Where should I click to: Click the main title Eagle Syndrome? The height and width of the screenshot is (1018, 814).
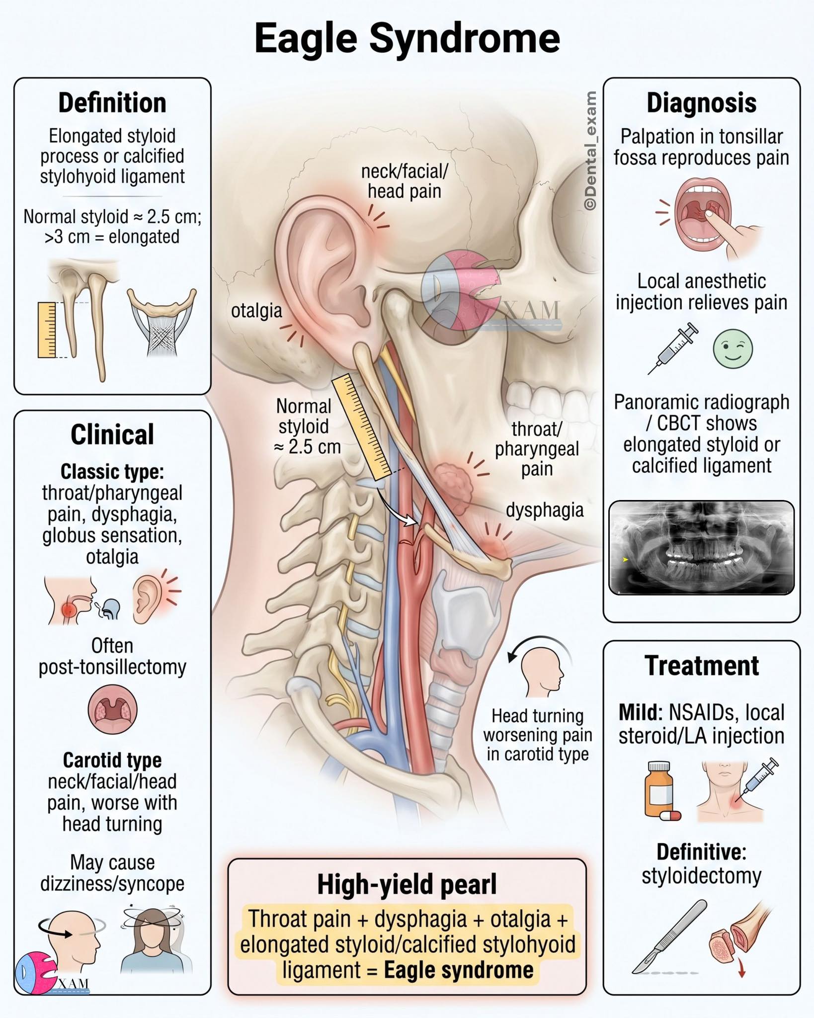coord(407,39)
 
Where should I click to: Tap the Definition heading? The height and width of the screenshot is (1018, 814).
coord(112,103)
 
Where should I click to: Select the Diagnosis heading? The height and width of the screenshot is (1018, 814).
coord(701,103)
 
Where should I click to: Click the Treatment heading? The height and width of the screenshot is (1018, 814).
coord(702,666)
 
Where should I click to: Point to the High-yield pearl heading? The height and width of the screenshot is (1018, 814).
coord(407,885)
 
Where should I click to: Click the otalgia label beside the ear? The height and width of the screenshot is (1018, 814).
coord(256,311)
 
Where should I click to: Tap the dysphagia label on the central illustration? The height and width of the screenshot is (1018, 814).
coord(545,510)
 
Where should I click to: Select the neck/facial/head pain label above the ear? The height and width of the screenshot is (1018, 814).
coord(405,181)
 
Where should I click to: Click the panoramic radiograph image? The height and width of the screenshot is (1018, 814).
coord(702,548)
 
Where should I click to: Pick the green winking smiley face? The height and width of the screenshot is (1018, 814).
coord(733,348)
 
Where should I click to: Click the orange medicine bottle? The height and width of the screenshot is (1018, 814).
coord(659,790)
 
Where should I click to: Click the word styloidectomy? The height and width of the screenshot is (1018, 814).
coord(701,875)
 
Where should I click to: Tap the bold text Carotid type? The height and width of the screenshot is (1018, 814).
coord(112,760)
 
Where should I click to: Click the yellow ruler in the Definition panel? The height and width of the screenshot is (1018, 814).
coord(47,330)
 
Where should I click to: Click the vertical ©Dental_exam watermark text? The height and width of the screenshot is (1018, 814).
coord(590,151)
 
